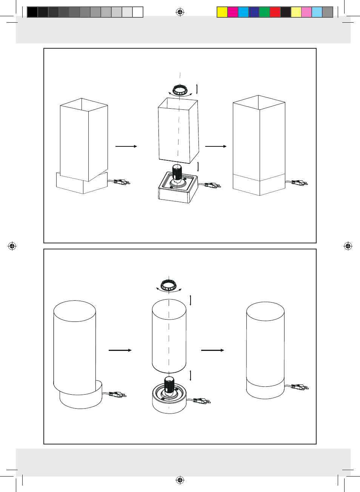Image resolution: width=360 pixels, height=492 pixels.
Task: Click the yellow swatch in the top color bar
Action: point(222,12)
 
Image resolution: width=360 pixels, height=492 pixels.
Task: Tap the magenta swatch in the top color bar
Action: point(233,12)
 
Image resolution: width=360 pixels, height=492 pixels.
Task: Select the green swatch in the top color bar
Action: point(265,12)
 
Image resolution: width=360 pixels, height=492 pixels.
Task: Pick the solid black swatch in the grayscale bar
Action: point(32,12)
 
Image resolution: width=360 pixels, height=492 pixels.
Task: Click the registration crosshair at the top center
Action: point(180,12)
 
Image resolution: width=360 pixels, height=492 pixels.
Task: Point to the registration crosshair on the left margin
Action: point(12,246)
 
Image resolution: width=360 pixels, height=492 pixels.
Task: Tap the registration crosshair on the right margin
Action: point(348,246)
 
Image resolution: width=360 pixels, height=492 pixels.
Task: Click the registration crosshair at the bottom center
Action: point(180,480)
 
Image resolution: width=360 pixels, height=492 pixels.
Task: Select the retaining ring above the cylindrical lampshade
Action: point(169,285)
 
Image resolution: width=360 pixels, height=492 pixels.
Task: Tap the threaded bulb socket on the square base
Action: point(177,173)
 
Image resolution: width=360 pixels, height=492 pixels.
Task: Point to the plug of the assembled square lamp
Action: point(300,183)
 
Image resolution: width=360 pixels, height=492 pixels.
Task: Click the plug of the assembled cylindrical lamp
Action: point(300,387)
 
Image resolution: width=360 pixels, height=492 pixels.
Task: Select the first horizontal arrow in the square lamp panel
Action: point(126,146)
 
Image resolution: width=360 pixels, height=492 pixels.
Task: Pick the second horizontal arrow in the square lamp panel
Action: point(215,146)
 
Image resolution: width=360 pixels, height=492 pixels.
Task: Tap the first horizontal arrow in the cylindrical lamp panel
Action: point(120,350)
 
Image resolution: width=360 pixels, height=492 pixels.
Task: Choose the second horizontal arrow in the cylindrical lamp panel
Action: point(212,350)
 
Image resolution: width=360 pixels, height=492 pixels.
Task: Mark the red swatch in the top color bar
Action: point(275,12)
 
